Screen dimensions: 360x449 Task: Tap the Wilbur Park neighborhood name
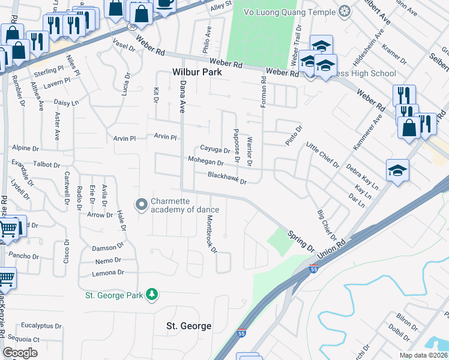(197, 72)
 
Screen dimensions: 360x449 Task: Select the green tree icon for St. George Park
(153, 294)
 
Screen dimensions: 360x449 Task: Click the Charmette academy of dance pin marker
(142, 205)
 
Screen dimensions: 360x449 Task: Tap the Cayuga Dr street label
(215, 150)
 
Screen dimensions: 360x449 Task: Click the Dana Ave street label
(182, 97)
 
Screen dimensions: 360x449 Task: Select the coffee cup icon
(164, 3)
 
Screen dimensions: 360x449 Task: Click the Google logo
(20, 352)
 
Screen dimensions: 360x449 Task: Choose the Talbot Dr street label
(38, 164)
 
